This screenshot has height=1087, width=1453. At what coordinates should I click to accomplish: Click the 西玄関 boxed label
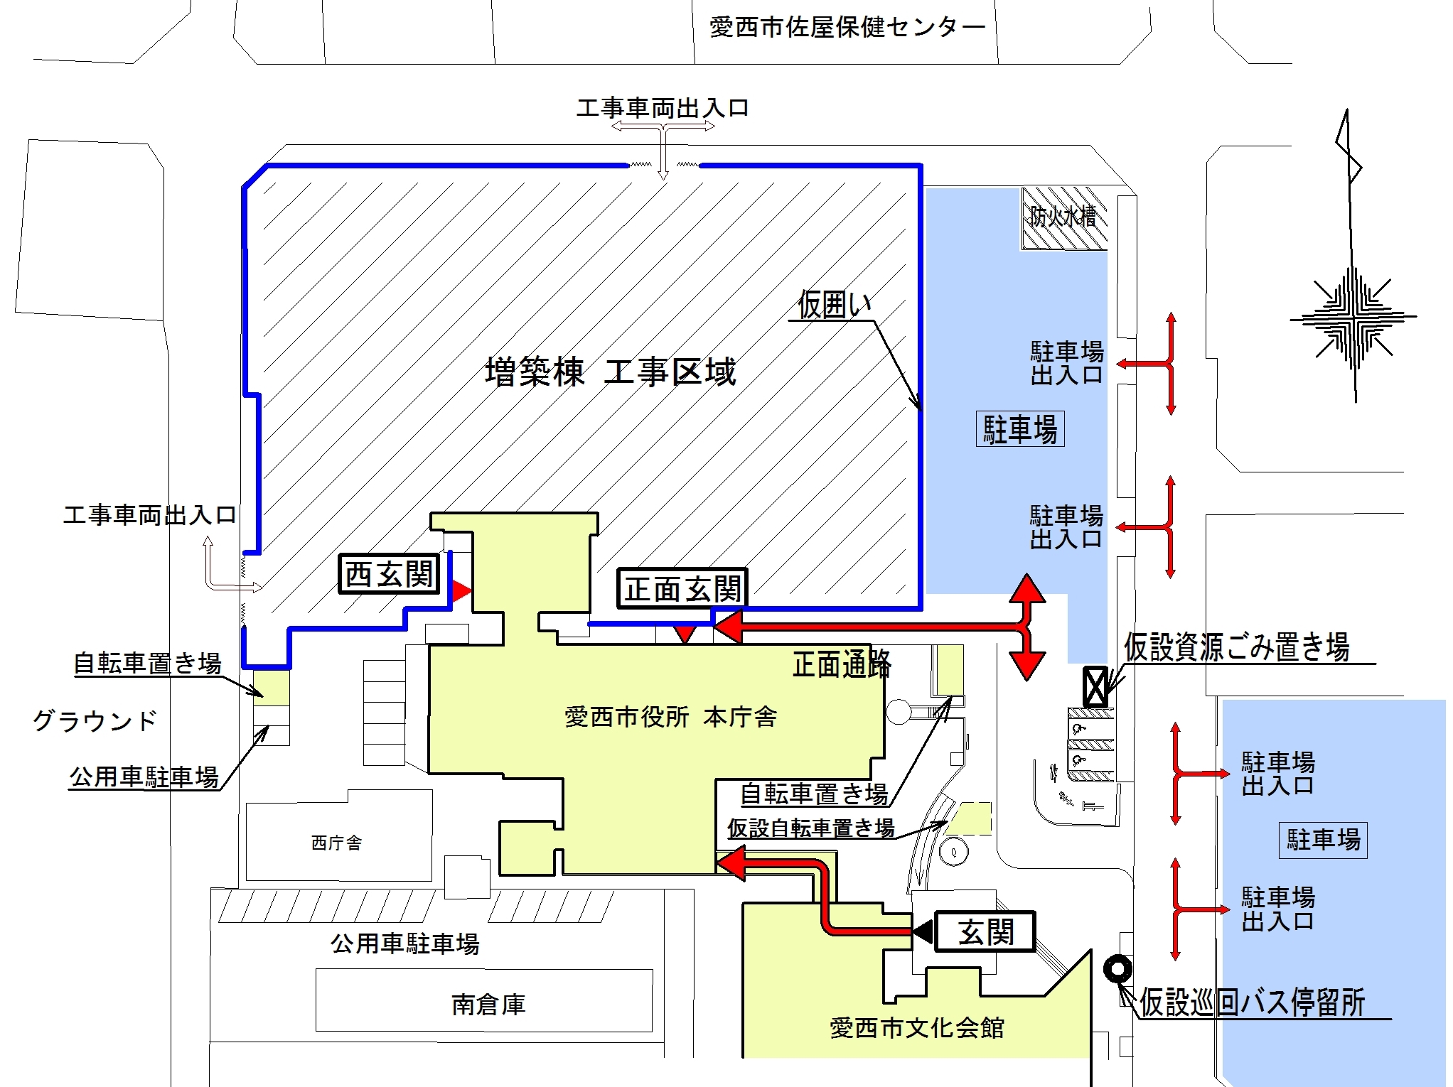389,573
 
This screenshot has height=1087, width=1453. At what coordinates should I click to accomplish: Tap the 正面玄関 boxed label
682,588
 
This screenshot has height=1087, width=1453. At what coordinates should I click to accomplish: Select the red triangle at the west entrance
462,590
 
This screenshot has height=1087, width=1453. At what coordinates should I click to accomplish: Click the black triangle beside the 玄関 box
923,931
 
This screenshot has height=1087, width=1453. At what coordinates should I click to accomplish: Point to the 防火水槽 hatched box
1064,218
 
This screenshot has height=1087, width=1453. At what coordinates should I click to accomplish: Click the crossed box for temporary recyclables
1095,686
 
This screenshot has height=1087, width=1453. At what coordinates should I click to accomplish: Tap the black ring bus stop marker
1118,969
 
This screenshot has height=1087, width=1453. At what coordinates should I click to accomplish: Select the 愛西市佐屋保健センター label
847,28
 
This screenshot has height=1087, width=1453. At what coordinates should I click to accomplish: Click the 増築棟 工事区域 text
610,372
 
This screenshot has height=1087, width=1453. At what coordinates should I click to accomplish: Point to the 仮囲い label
834,305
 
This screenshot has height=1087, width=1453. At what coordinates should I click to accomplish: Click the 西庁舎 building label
336,843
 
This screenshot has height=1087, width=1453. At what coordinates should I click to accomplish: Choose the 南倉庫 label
488,1005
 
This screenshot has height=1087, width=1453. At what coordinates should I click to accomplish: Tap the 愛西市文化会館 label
916,1028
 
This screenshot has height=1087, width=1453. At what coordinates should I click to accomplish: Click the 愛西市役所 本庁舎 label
670,717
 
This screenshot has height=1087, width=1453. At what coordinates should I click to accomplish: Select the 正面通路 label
842,664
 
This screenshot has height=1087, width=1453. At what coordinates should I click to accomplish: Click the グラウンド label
95,721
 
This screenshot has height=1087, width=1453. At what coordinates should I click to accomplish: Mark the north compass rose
1353,318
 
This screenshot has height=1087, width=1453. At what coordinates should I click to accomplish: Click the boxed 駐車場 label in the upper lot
1020,429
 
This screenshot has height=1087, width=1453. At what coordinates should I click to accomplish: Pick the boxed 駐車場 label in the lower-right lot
1323,840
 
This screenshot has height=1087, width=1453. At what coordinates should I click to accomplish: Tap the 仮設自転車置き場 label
810,828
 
